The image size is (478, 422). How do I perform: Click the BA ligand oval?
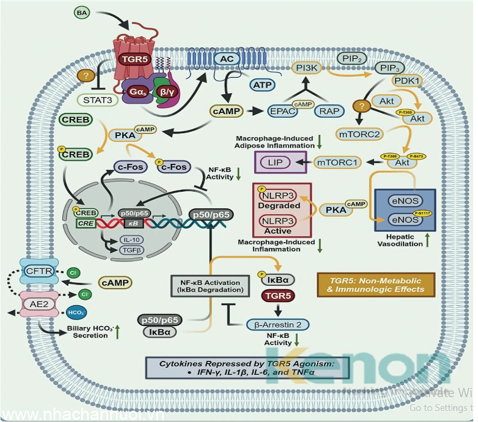coord(82,12)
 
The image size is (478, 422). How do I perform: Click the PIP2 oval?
coord(352,58)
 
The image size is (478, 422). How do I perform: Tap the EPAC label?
coord(282,111)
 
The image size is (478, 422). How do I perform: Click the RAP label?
coord(330,111)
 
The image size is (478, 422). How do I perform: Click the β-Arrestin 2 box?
coord(278,324)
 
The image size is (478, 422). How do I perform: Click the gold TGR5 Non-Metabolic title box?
coord(376,285)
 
